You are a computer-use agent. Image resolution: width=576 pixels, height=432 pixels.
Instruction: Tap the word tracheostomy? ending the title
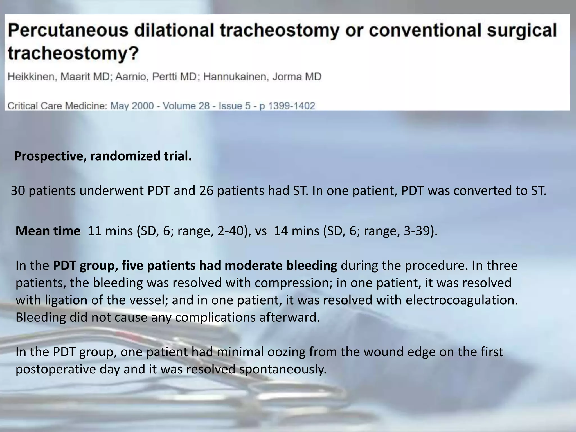pos(73,53)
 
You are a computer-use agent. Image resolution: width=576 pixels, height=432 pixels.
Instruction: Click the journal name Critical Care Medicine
pos(57,106)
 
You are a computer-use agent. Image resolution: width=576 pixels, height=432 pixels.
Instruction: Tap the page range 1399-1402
pos(291,106)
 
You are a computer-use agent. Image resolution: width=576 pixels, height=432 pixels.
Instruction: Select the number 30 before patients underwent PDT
pos(18,191)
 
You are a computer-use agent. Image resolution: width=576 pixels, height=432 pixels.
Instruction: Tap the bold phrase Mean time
pos(48,231)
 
